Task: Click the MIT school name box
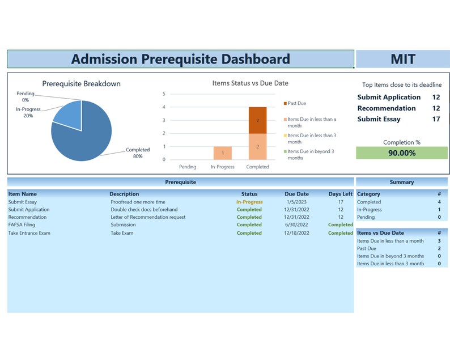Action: click(402, 59)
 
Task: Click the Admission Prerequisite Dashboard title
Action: click(181, 59)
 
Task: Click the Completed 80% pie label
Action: click(137, 153)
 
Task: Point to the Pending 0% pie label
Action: click(26, 97)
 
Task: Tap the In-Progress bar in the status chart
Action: click(222, 153)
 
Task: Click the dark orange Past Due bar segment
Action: click(257, 120)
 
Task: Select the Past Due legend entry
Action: click(296, 104)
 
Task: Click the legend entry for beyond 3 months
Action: click(310, 155)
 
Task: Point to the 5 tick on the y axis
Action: click(164, 94)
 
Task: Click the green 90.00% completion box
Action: click(401, 153)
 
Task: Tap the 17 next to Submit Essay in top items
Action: click(436, 119)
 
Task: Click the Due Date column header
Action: click(296, 194)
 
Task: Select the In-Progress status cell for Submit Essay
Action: click(249, 202)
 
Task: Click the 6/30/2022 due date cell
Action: click(296, 225)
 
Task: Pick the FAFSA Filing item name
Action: click(22, 225)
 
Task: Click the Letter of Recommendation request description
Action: click(147, 217)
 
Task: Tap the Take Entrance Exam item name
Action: click(29, 233)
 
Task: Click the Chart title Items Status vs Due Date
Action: click(250, 83)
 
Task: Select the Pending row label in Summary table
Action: click(366, 217)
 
